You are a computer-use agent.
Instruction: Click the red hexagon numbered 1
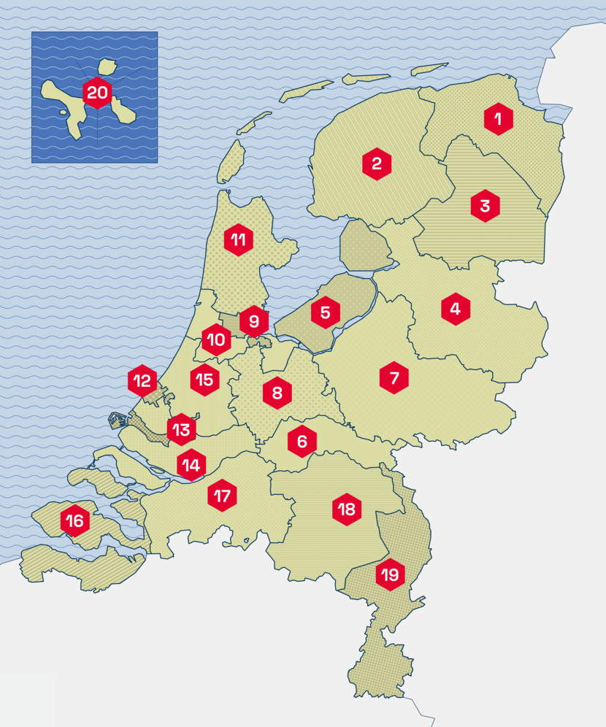(498, 119)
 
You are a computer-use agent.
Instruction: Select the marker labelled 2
(377, 164)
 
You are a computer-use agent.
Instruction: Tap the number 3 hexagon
(485, 206)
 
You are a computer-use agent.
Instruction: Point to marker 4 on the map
(456, 309)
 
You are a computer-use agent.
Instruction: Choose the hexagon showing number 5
(326, 313)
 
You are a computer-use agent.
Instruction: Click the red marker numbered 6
(302, 441)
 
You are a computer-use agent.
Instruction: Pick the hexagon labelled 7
(394, 378)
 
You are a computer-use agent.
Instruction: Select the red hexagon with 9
(254, 321)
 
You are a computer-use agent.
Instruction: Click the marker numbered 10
(216, 339)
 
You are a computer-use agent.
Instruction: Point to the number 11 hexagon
(238, 239)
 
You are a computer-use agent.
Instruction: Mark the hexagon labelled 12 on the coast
(142, 380)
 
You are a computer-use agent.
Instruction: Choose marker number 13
(181, 429)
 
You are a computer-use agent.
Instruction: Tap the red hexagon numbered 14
(191, 463)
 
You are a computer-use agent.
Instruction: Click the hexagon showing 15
(204, 380)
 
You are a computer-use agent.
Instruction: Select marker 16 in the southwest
(75, 521)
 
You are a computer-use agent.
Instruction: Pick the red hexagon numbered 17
(222, 496)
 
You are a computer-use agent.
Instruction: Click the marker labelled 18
(347, 509)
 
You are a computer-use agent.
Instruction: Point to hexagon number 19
(390, 575)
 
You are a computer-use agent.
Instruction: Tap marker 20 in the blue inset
(97, 93)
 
